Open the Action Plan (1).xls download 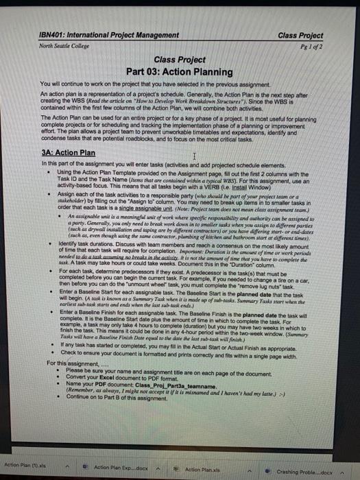[24, 466]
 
